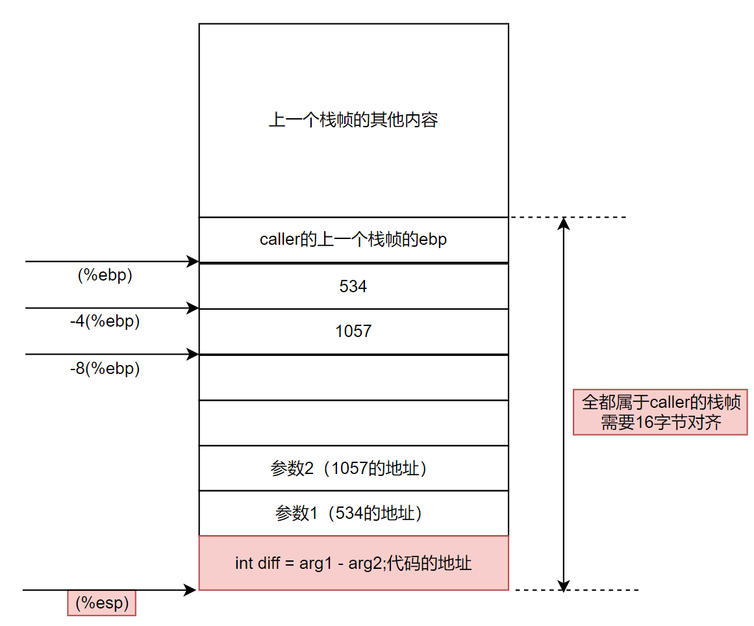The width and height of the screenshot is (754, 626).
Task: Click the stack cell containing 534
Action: click(353, 286)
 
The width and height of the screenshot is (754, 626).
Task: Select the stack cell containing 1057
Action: click(353, 331)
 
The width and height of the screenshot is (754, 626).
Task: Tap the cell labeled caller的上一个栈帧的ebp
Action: click(353, 239)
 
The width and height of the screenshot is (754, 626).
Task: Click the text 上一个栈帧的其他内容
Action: click(353, 120)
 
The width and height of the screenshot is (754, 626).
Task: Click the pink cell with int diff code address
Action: click(353, 563)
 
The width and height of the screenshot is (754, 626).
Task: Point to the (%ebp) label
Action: click(105, 275)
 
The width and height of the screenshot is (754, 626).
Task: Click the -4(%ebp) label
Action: click(105, 321)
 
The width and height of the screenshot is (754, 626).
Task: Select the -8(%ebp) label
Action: click(105, 368)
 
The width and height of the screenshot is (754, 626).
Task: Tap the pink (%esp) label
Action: click(102, 603)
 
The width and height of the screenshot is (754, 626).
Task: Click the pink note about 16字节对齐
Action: click(660, 412)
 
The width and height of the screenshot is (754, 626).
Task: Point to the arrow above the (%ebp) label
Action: click(110, 262)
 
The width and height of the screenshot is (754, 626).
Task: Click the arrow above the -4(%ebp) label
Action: click(110, 308)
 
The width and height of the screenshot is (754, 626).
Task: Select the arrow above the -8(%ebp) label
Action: click(110, 354)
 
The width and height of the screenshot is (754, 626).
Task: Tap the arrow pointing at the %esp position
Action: click(109, 590)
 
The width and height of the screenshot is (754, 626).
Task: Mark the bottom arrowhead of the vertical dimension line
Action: click(564, 583)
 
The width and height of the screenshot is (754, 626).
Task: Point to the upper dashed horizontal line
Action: click(568, 217)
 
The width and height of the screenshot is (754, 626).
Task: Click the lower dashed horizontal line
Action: click(577, 590)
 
